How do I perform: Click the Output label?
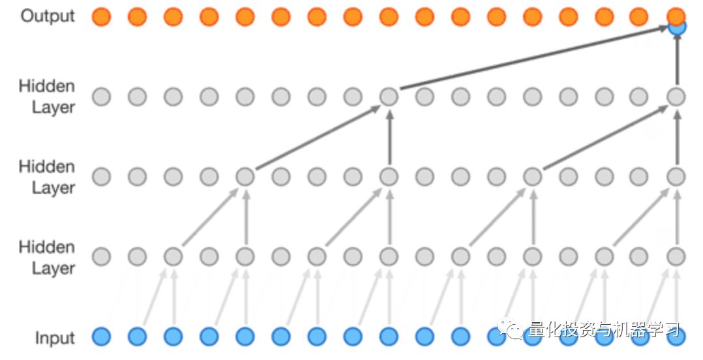(48, 16)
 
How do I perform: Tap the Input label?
(55, 338)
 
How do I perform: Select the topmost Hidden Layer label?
(47, 97)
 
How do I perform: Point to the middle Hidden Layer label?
(47, 177)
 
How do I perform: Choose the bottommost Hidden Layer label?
(47, 258)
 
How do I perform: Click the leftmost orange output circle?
(101, 17)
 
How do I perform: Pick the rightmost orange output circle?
(676, 15)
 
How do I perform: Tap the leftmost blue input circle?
(101, 337)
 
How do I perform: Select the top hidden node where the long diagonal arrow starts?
(389, 97)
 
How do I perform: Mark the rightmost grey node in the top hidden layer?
(676, 97)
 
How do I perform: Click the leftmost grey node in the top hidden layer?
(101, 97)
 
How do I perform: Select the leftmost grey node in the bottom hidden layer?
(101, 256)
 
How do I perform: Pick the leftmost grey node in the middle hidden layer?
(101, 177)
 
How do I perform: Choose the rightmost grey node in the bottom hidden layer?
(676, 256)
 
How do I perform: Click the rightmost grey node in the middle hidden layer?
(676, 177)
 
